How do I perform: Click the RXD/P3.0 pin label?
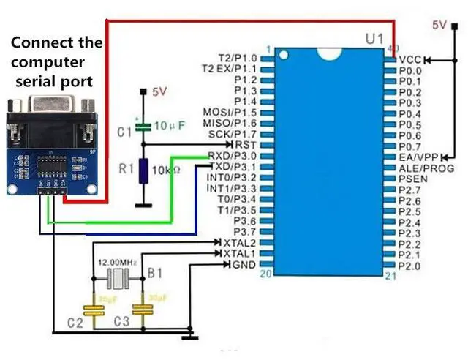[x=233, y=156]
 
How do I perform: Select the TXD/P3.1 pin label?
[x=233, y=166]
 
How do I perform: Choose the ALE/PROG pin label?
[x=426, y=168]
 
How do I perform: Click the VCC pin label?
[x=411, y=59]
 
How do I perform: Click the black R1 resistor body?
[x=144, y=172]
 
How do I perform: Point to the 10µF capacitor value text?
[x=170, y=125]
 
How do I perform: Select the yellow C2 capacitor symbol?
[x=94, y=309]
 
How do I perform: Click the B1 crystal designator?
[x=155, y=273]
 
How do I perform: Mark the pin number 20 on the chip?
[x=267, y=273]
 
